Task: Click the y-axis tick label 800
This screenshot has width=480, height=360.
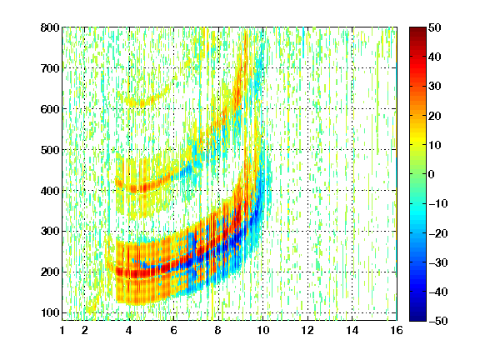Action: coord(50,27)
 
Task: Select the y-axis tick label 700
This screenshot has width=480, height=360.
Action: coord(50,68)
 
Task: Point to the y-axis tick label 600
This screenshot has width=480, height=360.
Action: coord(50,109)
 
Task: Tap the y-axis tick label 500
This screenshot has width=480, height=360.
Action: coord(50,150)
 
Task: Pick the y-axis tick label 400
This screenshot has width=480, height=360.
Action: coord(50,191)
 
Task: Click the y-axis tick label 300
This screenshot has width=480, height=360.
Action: coord(50,231)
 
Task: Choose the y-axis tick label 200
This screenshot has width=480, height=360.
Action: coord(50,272)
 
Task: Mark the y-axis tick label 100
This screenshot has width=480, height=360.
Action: coord(50,312)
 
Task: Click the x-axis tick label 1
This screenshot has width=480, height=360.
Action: coord(62,330)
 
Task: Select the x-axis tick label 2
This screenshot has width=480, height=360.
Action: coord(85,330)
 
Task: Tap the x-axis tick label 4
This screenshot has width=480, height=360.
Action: coord(129,330)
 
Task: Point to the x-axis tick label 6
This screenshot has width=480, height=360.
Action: coord(174,330)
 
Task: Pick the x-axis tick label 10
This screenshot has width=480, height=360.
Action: coord(262,330)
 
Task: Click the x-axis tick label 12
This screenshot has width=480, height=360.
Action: coord(307,330)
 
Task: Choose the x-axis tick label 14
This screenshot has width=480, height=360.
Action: coord(352,330)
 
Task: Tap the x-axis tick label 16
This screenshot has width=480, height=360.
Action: coord(397,330)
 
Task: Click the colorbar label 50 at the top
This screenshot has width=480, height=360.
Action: coord(434,27)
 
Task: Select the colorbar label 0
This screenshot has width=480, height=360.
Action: coord(432,174)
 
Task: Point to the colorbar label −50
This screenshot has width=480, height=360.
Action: coord(437,321)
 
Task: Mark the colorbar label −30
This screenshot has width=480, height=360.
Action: coord(437,262)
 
